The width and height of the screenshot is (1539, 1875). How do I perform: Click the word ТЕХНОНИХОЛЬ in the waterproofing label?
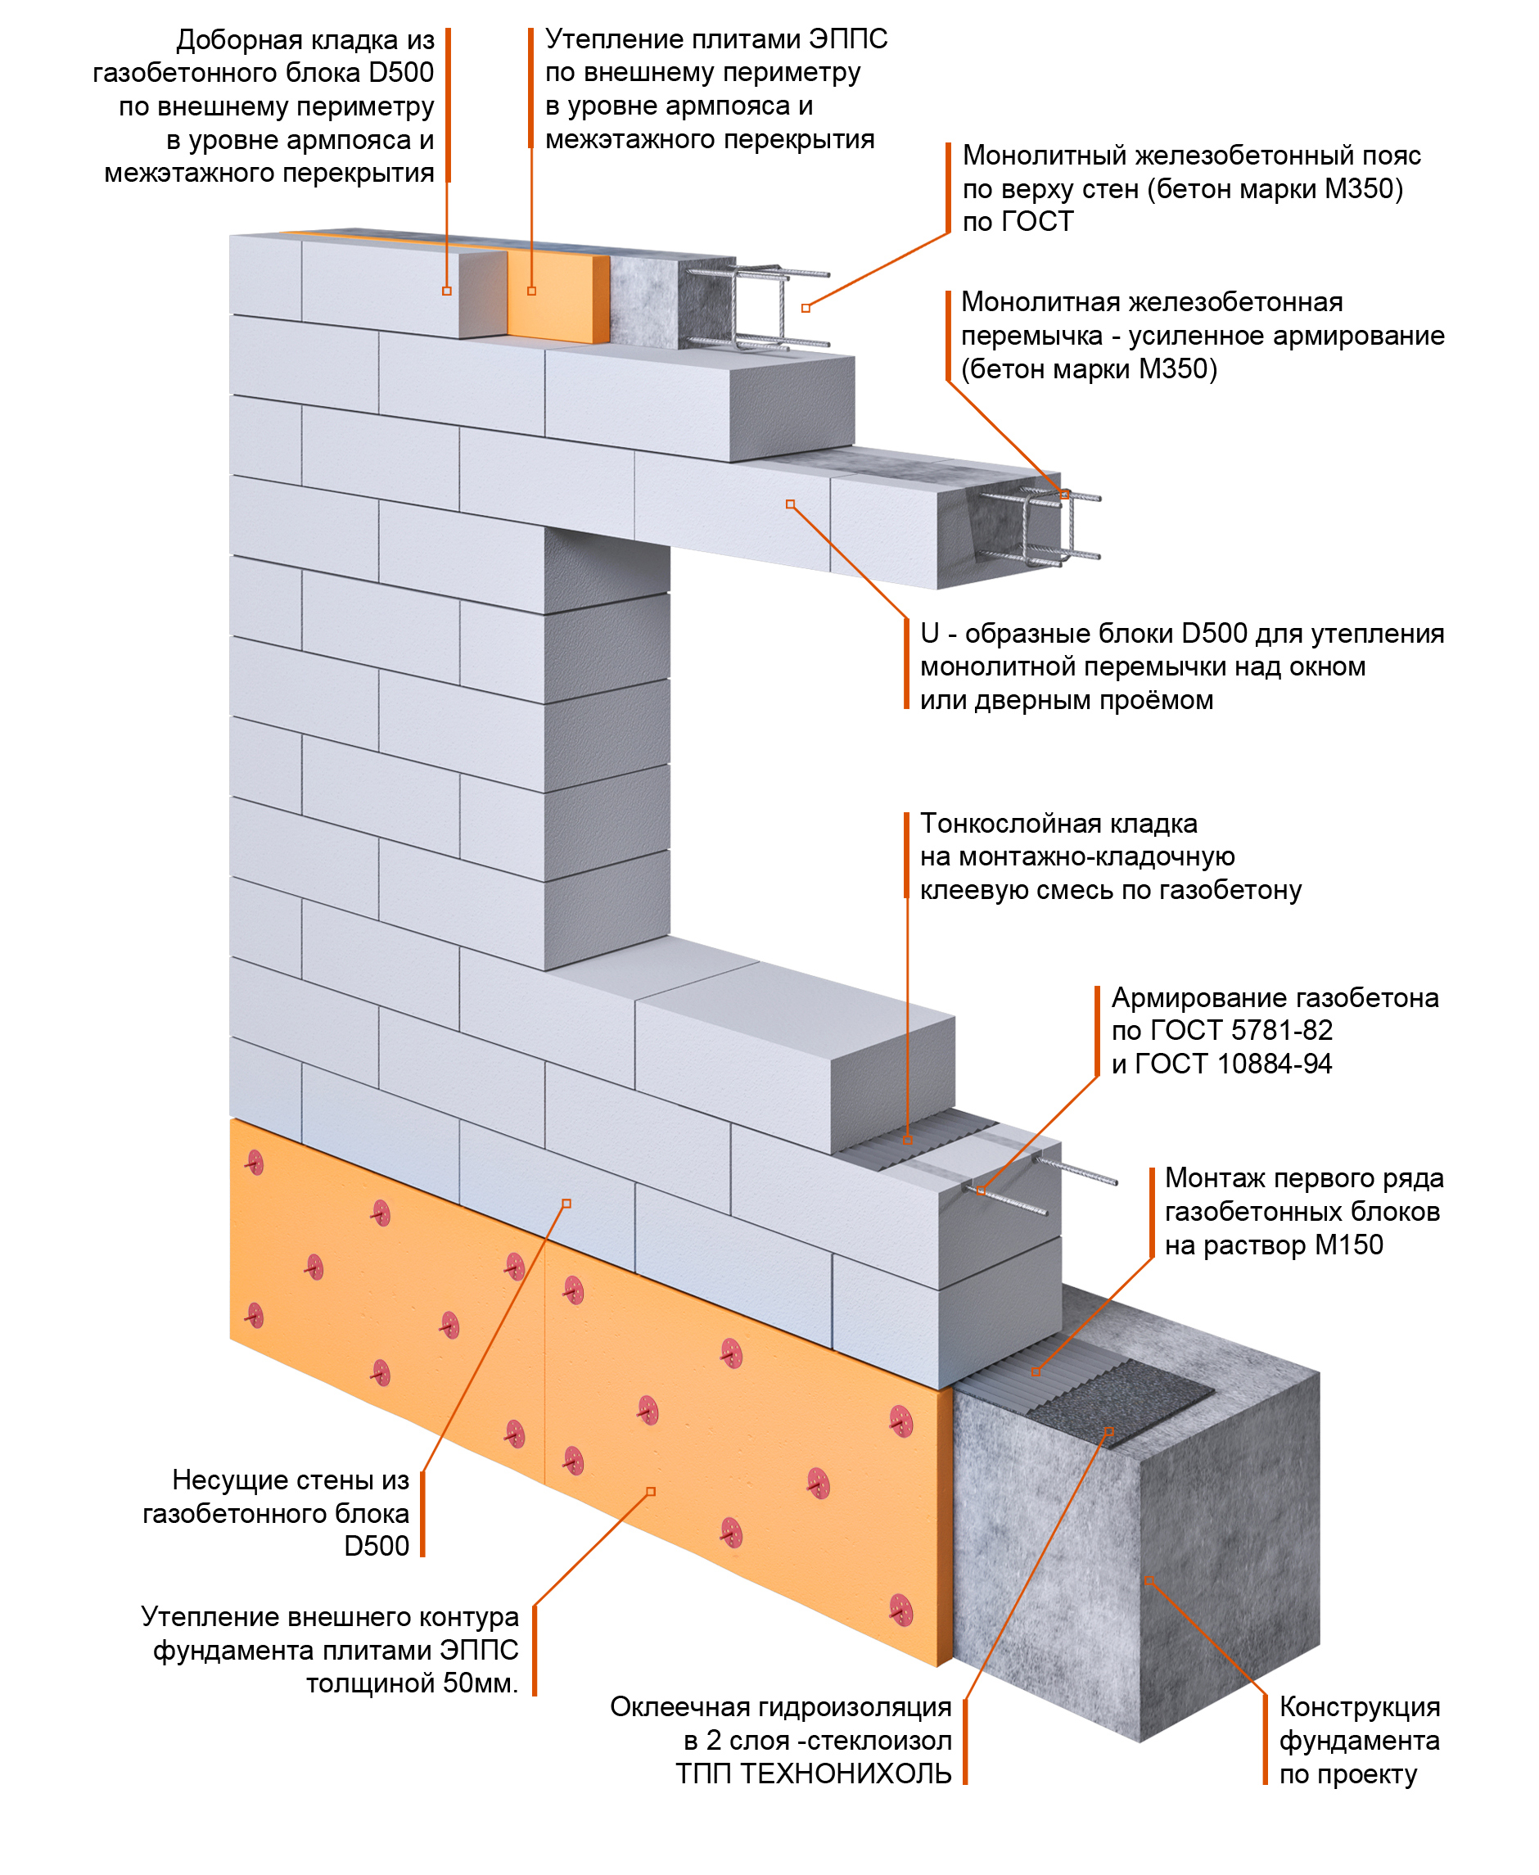coord(845,1774)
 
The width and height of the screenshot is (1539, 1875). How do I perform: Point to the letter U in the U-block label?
coord(929,633)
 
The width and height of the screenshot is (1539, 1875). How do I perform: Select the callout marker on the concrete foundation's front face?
coord(1149,1581)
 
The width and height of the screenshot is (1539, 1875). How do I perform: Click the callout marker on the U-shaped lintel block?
coord(790,504)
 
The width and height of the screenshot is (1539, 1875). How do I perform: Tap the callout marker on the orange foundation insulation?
coord(651,1491)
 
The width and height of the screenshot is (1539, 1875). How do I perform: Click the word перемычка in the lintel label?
coord(1033,335)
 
